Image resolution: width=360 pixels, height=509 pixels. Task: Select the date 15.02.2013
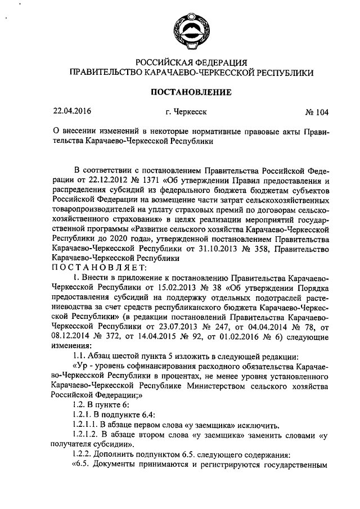point(165,287)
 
